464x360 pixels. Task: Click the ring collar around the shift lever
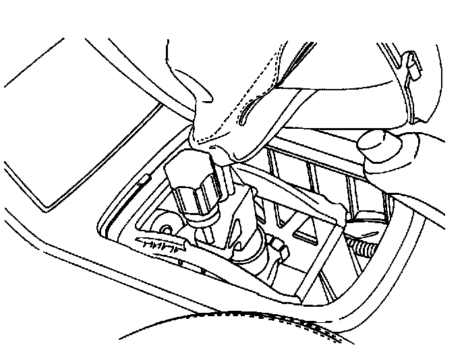point(203,217)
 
